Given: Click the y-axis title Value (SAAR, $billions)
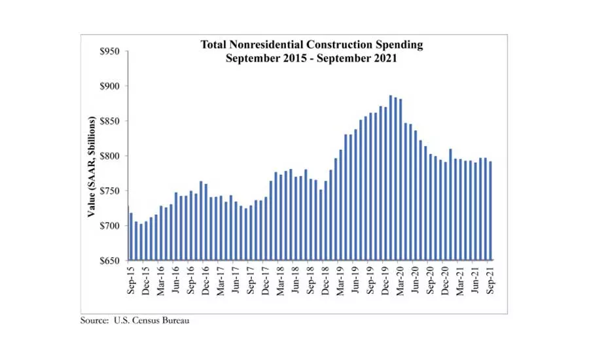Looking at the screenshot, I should (x=92, y=167).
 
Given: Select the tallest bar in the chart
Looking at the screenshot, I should (x=391, y=177).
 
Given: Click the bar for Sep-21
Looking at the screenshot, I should (x=490, y=210).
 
